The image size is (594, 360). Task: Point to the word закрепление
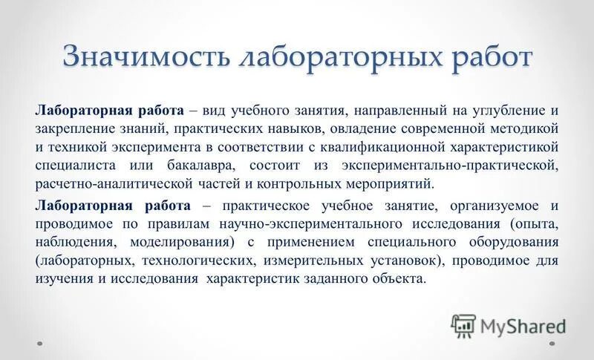[x=75, y=129]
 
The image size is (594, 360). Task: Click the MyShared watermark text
[x=522, y=324]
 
